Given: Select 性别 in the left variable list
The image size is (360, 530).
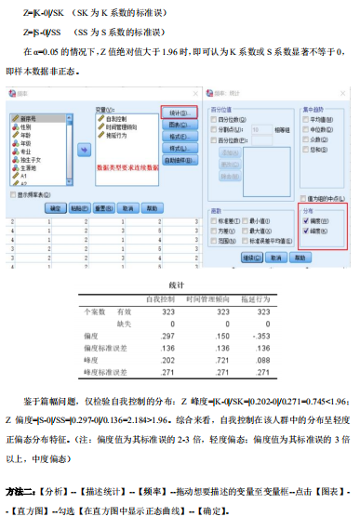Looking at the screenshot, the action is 27,127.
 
